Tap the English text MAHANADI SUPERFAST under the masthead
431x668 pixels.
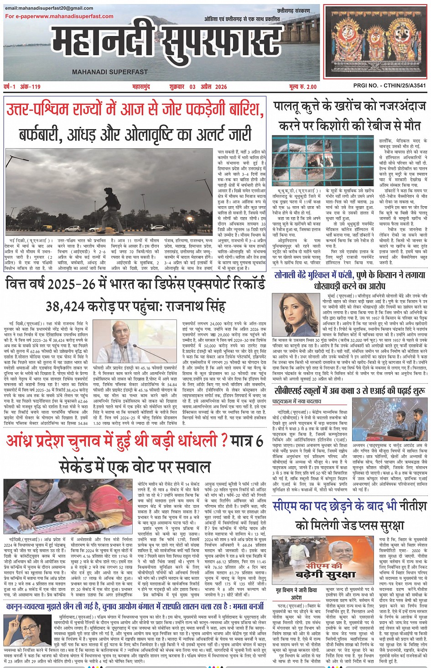110,72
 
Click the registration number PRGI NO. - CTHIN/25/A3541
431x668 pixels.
389,86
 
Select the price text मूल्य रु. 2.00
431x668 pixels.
302,87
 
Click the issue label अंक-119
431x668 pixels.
31,87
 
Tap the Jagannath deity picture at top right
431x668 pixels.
375,43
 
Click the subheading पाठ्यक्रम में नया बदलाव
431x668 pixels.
296,402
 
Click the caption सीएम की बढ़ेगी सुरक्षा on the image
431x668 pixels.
324,570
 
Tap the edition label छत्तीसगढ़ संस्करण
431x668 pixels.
293,11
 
